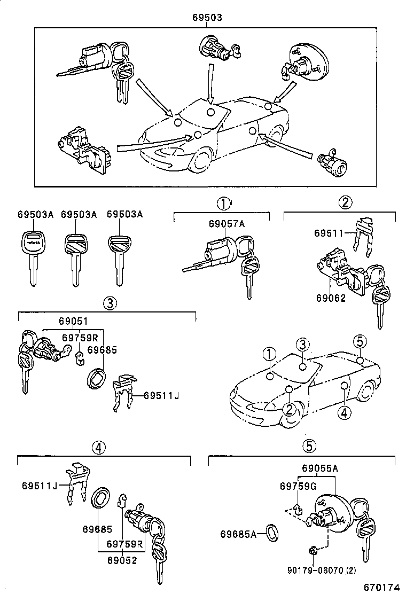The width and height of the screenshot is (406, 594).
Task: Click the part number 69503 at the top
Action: point(207,18)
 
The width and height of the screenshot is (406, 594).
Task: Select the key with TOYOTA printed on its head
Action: point(32,257)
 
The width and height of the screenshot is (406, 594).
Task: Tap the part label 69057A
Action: point(227,224)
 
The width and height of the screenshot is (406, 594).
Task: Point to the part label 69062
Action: point(331,298)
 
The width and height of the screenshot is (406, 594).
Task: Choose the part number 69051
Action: point(73,321)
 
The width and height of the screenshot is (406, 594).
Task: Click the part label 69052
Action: point(122,560)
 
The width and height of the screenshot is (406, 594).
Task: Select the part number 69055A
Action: point(320,468)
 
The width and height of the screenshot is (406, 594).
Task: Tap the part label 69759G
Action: point(298,486)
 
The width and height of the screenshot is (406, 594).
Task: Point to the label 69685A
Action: point(238,534)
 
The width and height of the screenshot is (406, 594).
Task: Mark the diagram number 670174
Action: point(382,588)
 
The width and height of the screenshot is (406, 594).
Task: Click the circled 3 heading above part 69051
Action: point(109,303)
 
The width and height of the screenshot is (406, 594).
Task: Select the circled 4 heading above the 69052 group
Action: point(98,448)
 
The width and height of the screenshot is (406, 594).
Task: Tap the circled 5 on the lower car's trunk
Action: point(360,342)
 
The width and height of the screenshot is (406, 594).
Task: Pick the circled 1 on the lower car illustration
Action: point(269,355)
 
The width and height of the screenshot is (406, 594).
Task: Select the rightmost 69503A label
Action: point(124,214)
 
